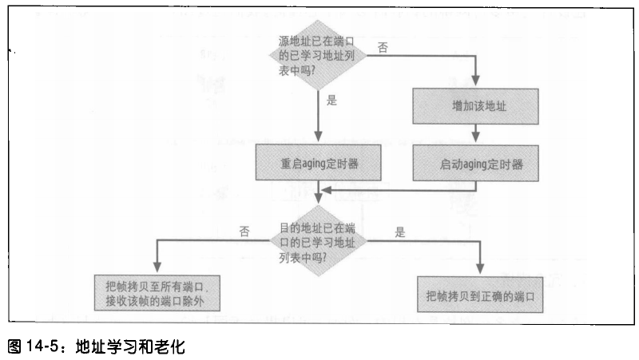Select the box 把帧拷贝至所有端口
[x=157, y=293]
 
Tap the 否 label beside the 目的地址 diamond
[x=244, y=231]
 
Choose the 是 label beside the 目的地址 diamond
[x=400, y=232]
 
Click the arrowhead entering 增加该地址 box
[x=477, y=82]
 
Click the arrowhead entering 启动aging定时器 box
[x=477, y=141]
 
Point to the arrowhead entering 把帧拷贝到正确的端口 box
[x=480, y=271]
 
